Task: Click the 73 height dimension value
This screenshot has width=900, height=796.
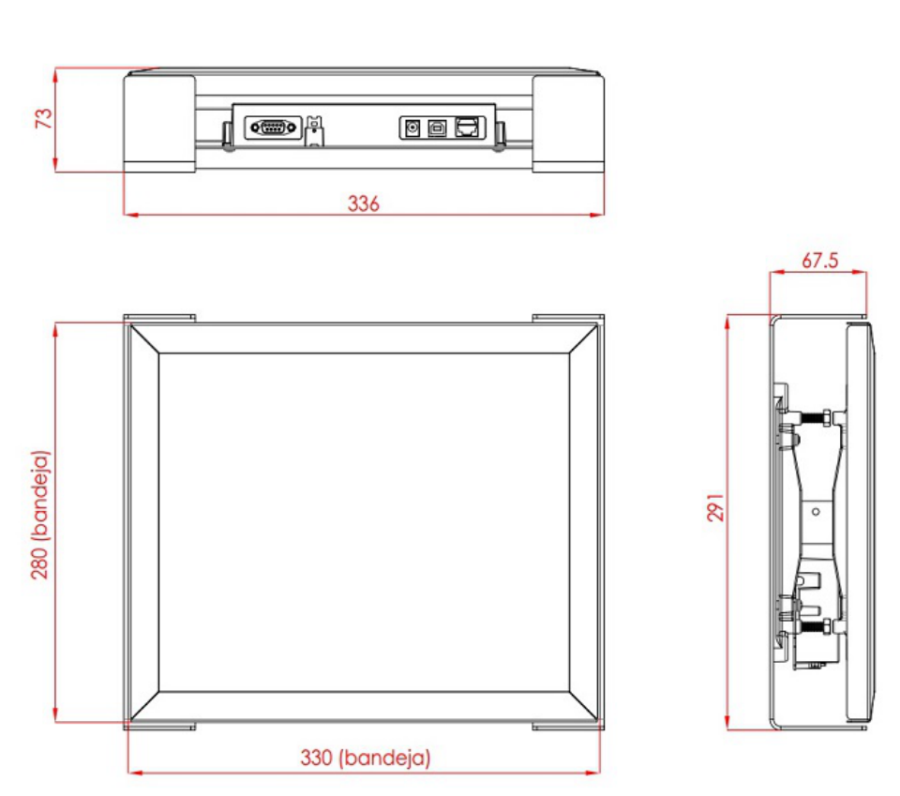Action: [44, 118]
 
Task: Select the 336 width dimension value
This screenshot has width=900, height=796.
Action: [364, 203]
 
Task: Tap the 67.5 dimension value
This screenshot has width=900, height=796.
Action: [819, 261]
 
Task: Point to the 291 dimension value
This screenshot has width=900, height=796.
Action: [715, 507]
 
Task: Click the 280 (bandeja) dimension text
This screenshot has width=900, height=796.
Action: [40, 515]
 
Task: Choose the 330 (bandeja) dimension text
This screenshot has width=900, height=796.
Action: [365, 758]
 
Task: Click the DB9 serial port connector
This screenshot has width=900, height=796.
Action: [273, 128]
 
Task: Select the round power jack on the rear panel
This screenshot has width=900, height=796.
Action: [412, 128]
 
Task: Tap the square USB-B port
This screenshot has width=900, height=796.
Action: [437, 128]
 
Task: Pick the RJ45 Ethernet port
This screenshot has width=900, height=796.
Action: [467, 128]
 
